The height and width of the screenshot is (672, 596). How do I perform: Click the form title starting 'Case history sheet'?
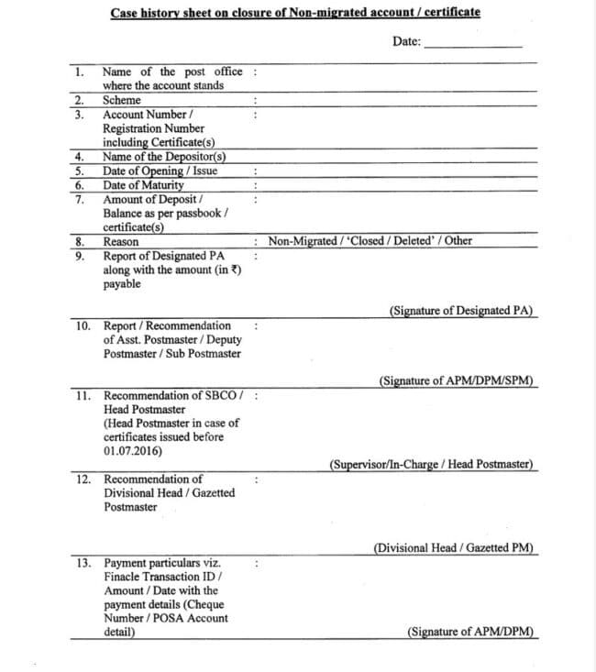tap(294, 13)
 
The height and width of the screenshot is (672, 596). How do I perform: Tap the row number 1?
tap(80, 72)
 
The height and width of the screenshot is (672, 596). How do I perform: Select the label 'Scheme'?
tap(122, 100)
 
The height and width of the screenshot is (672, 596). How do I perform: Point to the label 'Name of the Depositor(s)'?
tap(165, 156)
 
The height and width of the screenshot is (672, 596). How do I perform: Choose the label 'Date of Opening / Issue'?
tap(160, 171)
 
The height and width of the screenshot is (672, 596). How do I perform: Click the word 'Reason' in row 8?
tap(121, 241)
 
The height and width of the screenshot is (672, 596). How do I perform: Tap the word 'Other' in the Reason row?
tap(458, 241)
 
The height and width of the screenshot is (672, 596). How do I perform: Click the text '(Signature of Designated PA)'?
tap(462, 311)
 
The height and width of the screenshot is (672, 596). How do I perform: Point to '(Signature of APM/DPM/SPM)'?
tap(457, 380)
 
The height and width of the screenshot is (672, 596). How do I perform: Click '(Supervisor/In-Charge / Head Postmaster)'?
tap(431, 464)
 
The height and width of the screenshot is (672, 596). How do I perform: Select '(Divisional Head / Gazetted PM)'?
tap(454, 548)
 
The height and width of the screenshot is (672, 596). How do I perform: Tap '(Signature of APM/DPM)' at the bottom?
tap(469, 632)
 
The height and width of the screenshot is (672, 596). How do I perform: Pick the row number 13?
tap(83, 562)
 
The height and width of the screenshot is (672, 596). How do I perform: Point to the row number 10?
tap(83, 325)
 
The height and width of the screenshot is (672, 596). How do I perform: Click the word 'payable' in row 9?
tap(122, 284)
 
